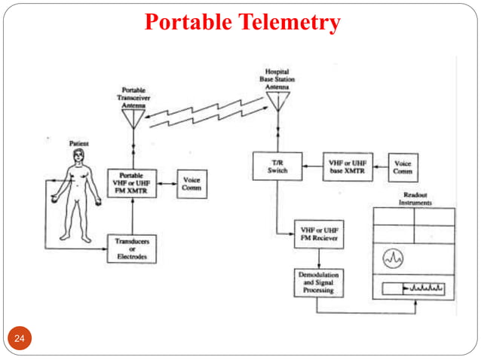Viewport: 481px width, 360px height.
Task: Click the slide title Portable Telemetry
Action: [242, 23]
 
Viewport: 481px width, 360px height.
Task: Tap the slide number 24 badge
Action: [20, 340]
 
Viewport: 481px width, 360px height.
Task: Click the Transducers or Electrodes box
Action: [132, 249]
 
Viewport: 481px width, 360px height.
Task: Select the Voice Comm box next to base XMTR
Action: [403, 166]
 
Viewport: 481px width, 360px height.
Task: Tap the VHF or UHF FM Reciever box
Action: [319, 234]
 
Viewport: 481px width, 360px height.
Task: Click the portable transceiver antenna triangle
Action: [133, 118]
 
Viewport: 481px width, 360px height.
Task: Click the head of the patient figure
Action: [78, 155]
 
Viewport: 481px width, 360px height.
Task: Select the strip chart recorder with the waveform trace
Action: [414, 288]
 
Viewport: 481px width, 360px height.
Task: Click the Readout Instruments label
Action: [416, 198]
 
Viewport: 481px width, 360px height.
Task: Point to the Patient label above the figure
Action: [78, 142]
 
